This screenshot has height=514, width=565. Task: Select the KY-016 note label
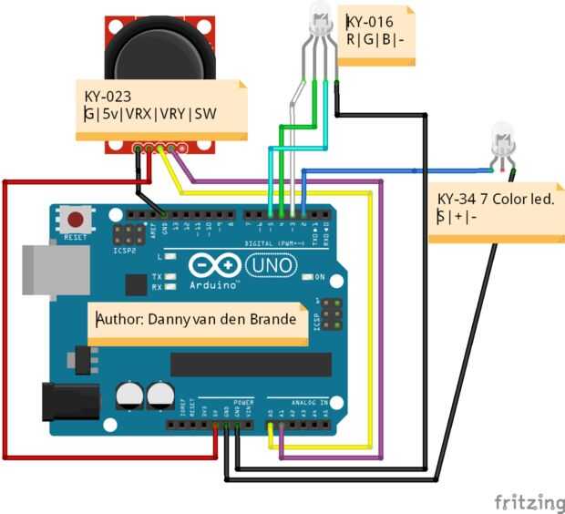pos(376,34)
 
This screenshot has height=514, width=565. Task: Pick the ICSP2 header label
pos(123,248)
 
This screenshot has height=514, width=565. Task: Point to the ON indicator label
pos(319,276)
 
